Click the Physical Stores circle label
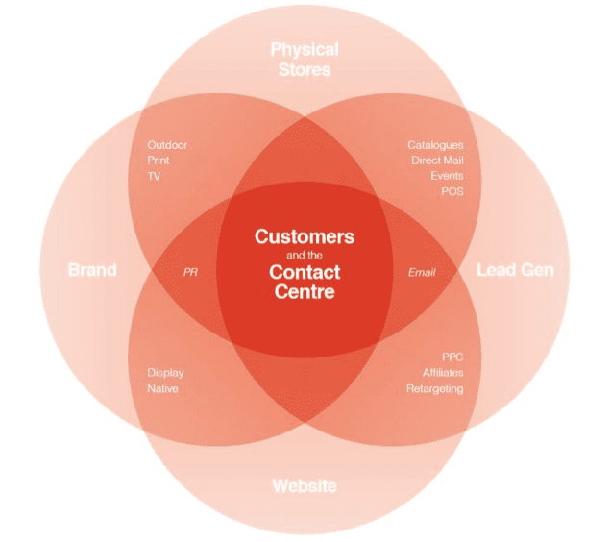[x=305, y=60]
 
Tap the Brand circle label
[x=92, y=270]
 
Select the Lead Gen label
[x=515, y=270]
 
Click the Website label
[x=305, y=486]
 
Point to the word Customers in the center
[x=305, y=236]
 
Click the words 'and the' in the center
[x=305, y=256]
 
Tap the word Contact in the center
[x=305, y=272]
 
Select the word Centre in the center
[x=305, y=292]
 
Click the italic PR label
[x=190, y=272]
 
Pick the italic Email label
[x=422, y=272]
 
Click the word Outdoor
[x=167, y=145]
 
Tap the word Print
[x=159, y=160]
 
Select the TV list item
[x=154, y=176]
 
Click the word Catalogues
[x=435, y=145]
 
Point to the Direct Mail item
[x=438, y=160]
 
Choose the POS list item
[x=452, y=191]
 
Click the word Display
[x=165, y=373]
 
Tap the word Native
[x=163, y=389]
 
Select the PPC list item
[x=452, y=357]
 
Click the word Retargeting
[x=435, y=389]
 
